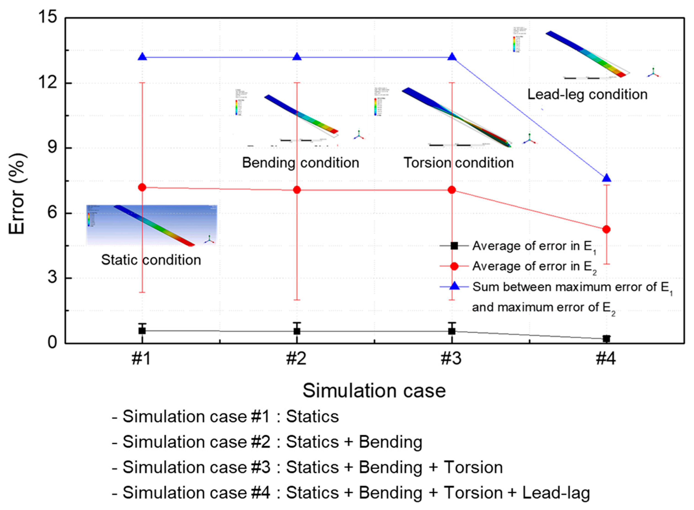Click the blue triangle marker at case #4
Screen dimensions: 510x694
tap(606, 178)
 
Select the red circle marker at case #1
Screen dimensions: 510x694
tap(142, 187)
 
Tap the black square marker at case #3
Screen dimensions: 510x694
tap(452, 331)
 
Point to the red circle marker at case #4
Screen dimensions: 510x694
tap(606, 229)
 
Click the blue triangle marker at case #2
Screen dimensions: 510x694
tap(297, 57)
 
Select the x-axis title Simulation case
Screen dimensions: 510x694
tap(374, 391)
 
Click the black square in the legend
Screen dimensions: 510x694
tap(454, 246)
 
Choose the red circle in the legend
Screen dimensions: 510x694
tap(454, 266)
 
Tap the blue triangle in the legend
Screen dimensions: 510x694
tap(454, 286)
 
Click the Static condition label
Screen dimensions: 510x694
tap(151, 260)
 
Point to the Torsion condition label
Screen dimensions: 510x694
tap(459, 163)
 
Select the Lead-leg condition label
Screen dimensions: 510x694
tap(587, 94)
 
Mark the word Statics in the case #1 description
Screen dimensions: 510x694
tap(312, 416)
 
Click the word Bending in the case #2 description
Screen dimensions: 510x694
tap(390, 442)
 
